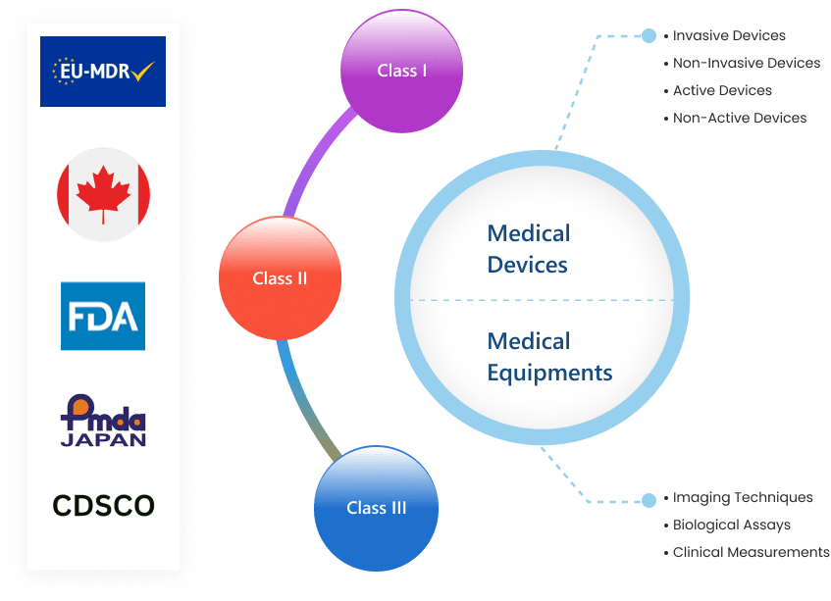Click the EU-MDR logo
pyautogui.click(x=103, y=72)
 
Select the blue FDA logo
pyautogui.click(x=103, y=316)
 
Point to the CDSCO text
pyautogui.click(x=103, y=506)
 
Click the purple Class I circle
pyautogui.click(x=401, y=71)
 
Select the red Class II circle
pyautogui.click(x=280, y=278)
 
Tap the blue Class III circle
pyautogui.click(x=376, y=508)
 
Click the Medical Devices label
pyautogui.click(x=528, y=249)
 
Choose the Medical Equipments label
pyautogui.click(x=549, y=357)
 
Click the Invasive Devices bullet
pyautogui.click(x=728, y=36)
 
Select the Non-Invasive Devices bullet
pyautogui.click(x=746, y=64)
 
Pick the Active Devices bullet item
pyautogui.click(x=721, y=91)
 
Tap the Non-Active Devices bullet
pyautogui.click(x=739, y=119)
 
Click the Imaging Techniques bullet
pyautogui.click(x=742, y=498)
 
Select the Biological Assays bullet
pyautogui.click(x=731, y=526)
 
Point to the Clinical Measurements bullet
pyautogui.click(x=750, y=553)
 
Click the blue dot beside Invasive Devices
pyautogui.click(x=649, y=36)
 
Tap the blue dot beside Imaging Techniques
pyautogui.click(x=649, y=500)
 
